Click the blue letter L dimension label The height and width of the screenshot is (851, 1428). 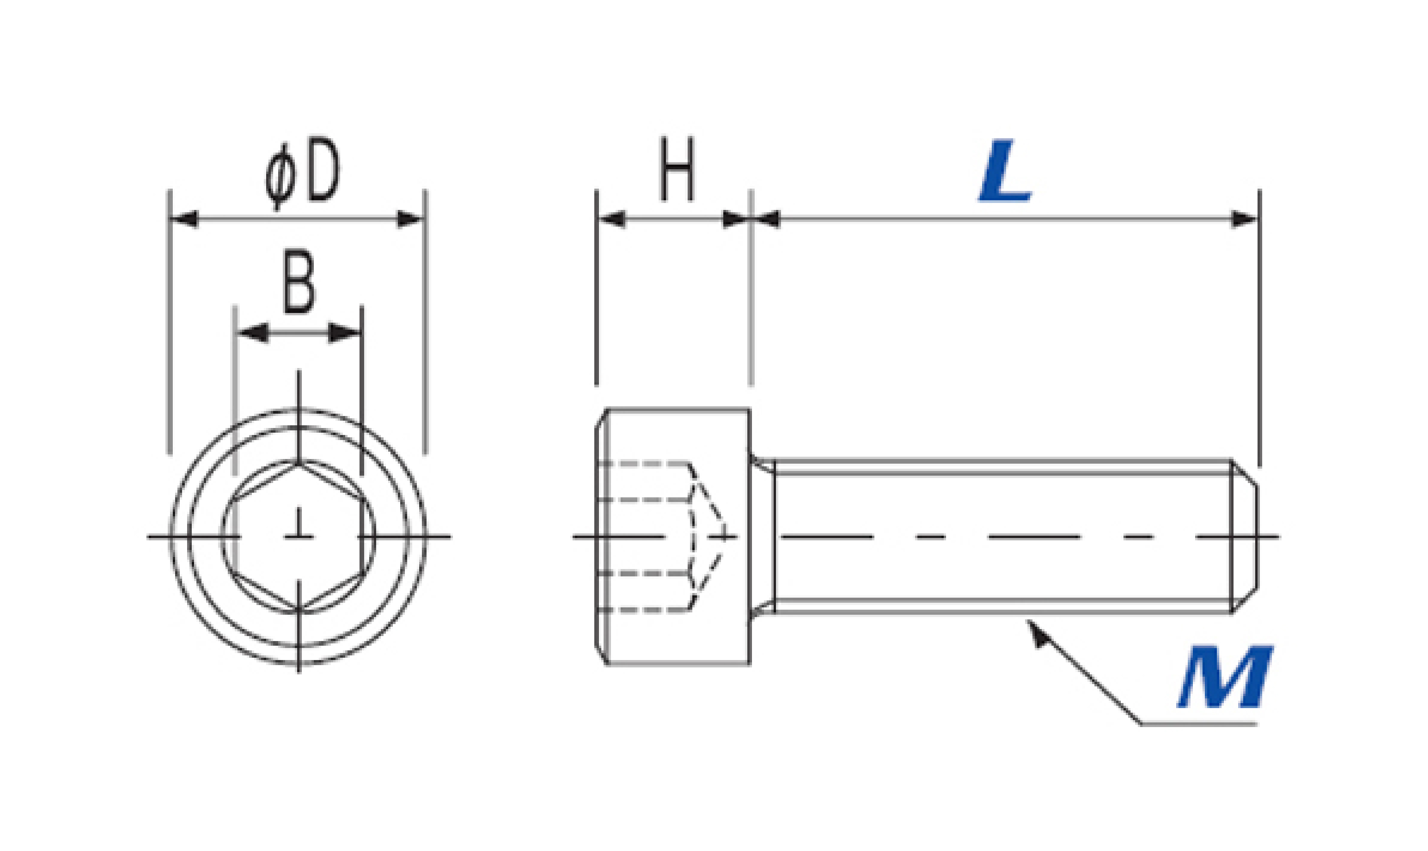[x=1005, y=170]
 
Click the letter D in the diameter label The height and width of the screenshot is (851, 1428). [x=323, y=170]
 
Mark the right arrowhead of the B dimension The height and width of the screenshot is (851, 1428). [x=344, y=333]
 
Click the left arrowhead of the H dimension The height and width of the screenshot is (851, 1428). [x=611, y=219]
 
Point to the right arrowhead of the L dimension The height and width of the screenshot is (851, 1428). [x=1244, y=219]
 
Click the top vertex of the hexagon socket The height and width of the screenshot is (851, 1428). [x=299, y=462]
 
